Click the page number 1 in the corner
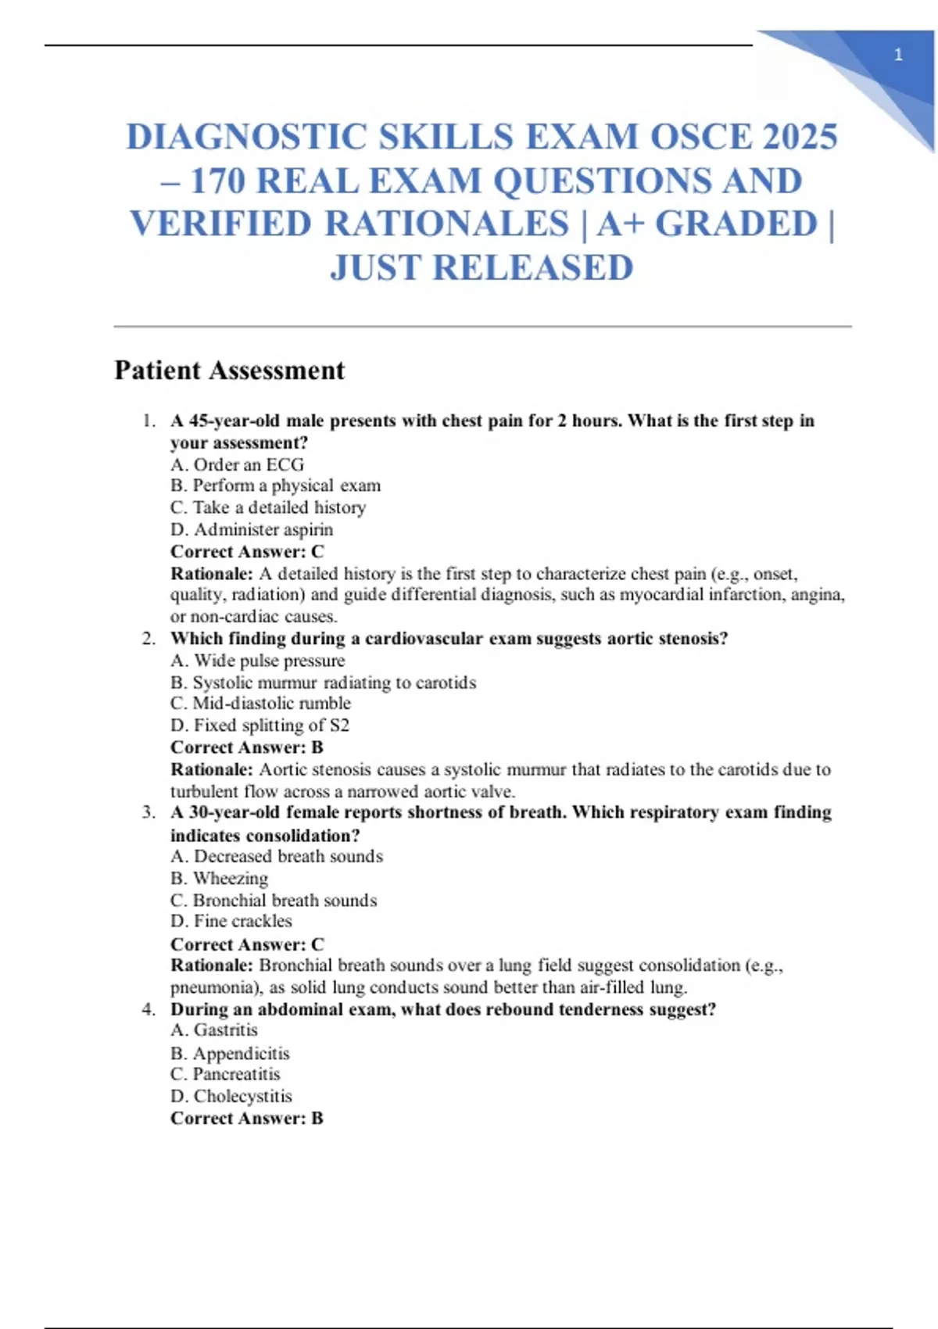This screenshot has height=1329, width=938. [x=898, y=55]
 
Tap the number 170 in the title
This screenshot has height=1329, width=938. [x=218, y=181]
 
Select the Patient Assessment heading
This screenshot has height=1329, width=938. [x=229, y=370]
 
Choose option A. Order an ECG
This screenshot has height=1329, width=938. [x=237, y=464]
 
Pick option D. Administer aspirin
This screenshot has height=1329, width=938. [x=252, y=529]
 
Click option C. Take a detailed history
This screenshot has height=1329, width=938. [x=268, y=507]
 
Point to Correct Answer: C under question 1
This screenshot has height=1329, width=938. [x=247, y=551]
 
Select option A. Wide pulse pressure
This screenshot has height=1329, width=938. [x=257, y=661]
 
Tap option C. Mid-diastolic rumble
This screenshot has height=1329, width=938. [x=260, y=703]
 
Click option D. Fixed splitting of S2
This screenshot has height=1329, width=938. [x=260, y=725]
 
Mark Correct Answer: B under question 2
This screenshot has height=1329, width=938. [x=247, y=747]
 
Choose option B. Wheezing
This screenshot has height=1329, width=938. [x=219, y=878]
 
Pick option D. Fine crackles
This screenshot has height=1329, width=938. [x=231, y=921]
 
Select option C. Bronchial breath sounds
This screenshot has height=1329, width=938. [x=274, y=900]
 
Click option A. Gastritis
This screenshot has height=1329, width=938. [x=214, y=1030]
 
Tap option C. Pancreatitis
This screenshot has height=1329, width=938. [x=225, y=1073]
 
